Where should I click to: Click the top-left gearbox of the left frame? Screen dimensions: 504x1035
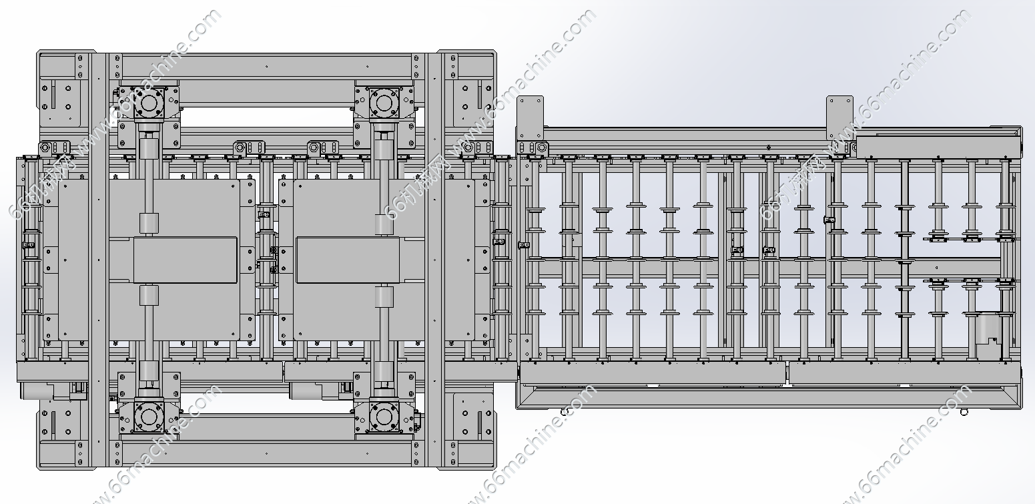point(148,103)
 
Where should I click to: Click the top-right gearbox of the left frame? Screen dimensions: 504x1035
point(384,103)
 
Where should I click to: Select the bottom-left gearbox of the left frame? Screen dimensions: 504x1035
point(148,417)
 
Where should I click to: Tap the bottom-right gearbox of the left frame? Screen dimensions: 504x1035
point(384,417)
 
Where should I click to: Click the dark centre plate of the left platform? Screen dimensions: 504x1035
point(186,260)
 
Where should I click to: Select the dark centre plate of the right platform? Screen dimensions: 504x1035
point(348,260)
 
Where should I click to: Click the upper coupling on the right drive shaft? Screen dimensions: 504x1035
point(384,224)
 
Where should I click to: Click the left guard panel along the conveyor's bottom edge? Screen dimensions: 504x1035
point(652,374)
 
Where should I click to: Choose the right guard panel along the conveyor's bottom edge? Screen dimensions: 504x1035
point(904,374)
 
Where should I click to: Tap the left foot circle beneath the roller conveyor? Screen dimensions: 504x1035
point(564,413)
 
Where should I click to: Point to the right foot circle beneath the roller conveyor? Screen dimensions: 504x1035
point(964,413)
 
